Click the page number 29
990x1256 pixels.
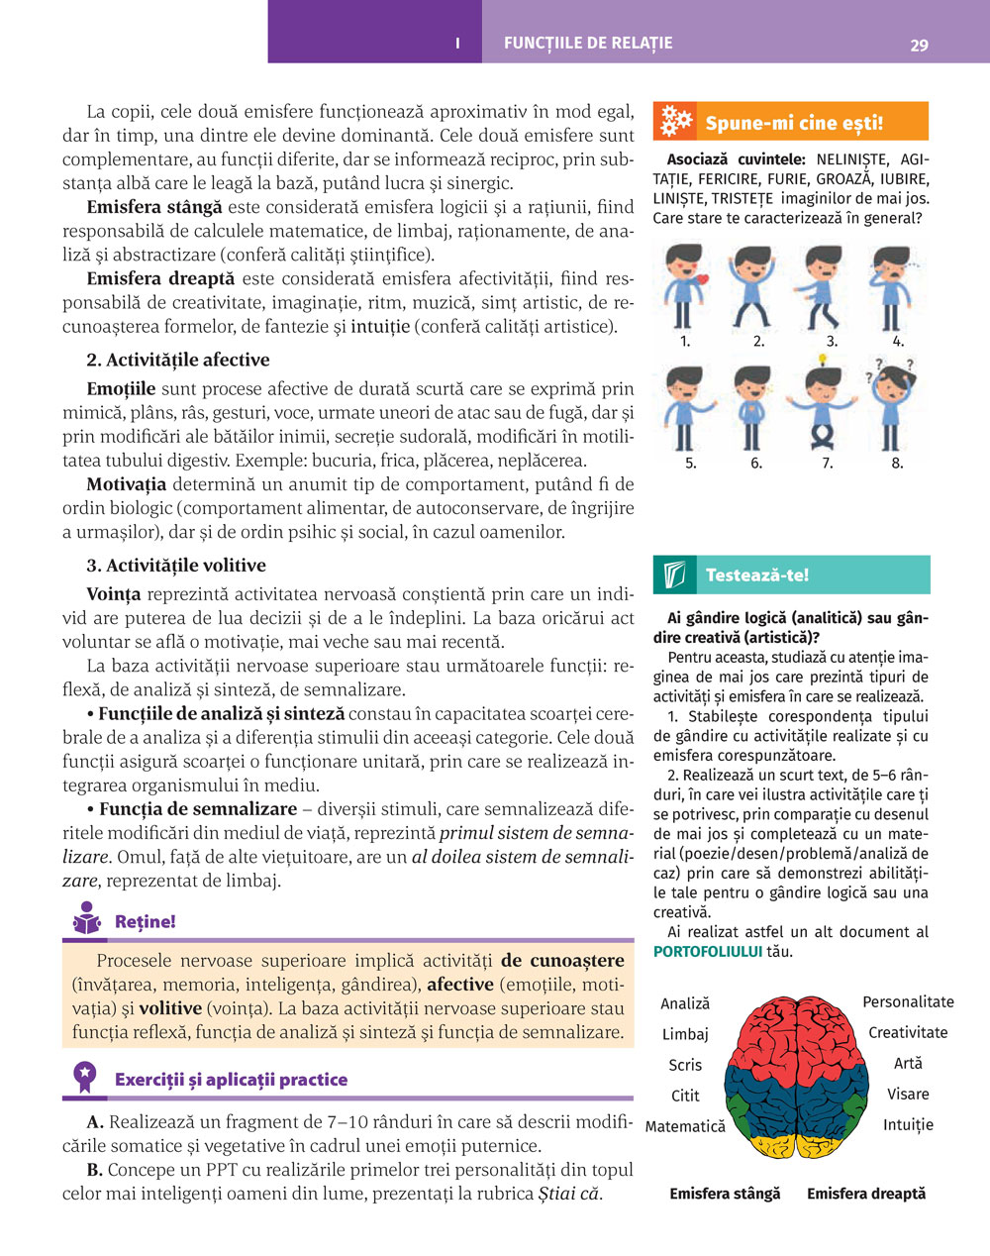click(x=918, y=45)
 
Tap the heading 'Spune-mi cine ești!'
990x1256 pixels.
click(x=793, y=124)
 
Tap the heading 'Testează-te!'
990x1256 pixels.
click(x=756, y=575)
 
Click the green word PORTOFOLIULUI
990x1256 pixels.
click(x=708, y=952)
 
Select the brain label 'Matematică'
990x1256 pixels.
click(x=685, y=1126)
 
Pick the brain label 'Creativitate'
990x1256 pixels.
click(x=908, y=1032)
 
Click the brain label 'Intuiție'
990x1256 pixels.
click(x=908, y=1124)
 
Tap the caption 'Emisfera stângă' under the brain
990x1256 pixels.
click(x=725, y=1194)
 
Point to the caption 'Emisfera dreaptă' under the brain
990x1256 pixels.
click(x=866, y=1194)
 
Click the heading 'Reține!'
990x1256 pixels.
click(x=145, y=921)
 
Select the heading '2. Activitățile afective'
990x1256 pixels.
click(x=178, y=360)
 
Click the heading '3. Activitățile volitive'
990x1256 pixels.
click(x=176, y=566)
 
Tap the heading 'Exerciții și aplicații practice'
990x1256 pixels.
click(x=231, y=1079)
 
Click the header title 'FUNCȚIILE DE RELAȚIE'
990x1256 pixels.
click(x=588, y=44)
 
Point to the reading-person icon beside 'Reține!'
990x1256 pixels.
click(x=87, y=919)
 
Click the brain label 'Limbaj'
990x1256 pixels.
click(x=685, y=1034)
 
